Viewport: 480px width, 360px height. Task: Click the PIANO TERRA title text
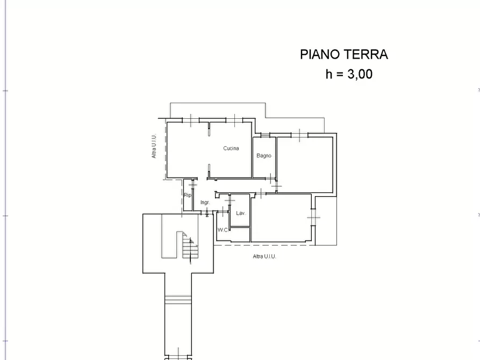pos(344,54)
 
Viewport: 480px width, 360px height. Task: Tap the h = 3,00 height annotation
pos(349,74)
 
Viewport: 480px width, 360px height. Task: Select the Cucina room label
pos(231,148)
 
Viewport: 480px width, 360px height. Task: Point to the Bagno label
pos(264,155)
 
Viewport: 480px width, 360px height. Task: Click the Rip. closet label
pos(188,195)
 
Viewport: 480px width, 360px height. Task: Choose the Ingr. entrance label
pos(205,203)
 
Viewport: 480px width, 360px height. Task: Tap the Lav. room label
pos(241,213)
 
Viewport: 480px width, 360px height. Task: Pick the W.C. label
pos(223,229)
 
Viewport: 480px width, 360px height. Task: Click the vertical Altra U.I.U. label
pos(154,146)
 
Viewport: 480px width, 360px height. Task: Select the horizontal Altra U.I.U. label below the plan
pos(264,256)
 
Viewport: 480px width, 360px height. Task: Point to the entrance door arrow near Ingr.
pos(207,212)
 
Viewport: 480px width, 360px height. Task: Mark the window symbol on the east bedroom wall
pos(313,218)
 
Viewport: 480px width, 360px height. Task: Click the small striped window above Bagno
pos(265,135)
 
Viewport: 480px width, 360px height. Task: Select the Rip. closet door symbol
pos(192,185)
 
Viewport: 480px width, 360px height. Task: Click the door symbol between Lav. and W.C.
pos(230,201)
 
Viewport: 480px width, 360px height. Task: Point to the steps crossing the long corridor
pos(178,300)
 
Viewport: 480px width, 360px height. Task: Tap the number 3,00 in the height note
pos(360,74)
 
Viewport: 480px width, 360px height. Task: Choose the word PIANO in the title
pos(320,54)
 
